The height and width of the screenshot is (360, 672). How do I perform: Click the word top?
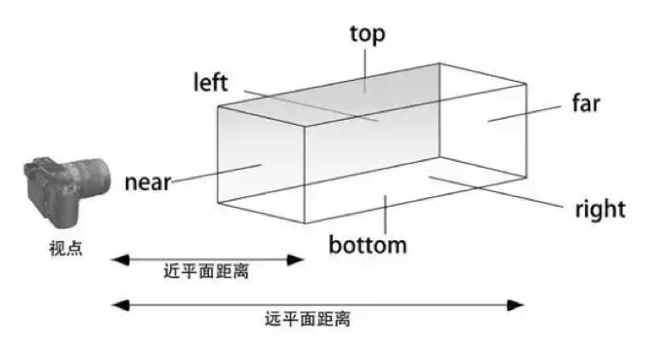coord(367,34)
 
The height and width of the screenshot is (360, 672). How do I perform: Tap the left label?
coord(210,83)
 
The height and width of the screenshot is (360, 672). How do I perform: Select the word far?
coord(586,103)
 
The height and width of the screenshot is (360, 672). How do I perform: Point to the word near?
coord(147,184)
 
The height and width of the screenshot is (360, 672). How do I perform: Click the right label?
coord(600,209)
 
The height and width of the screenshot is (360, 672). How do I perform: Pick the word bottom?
coord(367,244)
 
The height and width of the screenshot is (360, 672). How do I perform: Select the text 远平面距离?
coord(307,319)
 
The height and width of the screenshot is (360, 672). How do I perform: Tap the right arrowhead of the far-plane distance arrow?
coord(518,305)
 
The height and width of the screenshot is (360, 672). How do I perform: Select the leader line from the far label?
coord(527,112)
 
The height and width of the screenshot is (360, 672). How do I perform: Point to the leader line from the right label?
coord(493,190)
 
